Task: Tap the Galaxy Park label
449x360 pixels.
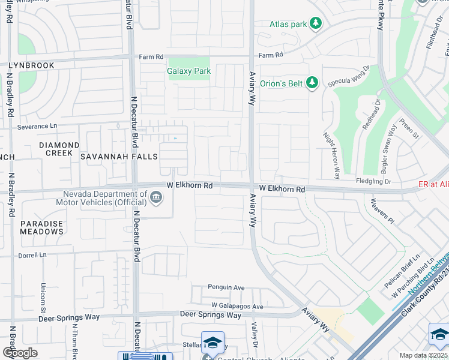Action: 188,71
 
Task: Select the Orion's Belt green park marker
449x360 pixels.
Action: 312,83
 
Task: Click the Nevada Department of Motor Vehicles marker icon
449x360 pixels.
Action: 155,197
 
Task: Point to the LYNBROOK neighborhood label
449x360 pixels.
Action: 31,65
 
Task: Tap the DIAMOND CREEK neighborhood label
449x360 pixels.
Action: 59,149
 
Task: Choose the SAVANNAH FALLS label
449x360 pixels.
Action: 119,157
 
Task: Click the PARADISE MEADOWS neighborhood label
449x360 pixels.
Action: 41,227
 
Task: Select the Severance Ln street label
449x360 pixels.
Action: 37,126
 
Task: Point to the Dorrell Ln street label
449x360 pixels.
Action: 32,255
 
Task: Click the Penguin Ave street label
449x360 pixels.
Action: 226,287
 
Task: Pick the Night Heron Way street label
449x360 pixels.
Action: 331,155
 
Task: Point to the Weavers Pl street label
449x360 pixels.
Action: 382,212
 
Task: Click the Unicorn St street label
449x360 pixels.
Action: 43,298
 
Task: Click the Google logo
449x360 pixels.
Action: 20,352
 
